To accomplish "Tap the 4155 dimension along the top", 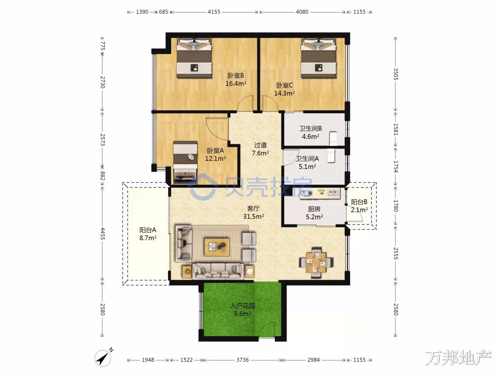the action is click(x=214, y=12).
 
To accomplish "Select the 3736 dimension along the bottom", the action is click(x=242, y=360).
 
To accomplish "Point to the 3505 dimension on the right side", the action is click(x=396, y=74).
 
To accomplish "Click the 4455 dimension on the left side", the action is click(x=103, y=233).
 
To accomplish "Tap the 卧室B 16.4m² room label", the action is click(x=236, y=80).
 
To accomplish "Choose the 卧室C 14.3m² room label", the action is click(x=284, y=89).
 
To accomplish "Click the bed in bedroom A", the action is click(x=185, y=162).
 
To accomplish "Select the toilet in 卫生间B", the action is click(x=333, y=138).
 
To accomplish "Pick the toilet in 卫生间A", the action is click(x=331, y=155).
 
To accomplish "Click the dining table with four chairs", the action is click(x=316, y=263).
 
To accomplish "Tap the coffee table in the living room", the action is click(x=217, y=247).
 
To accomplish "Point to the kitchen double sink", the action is click(x=333, y=193).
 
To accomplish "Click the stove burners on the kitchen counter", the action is click(x=306, y=194).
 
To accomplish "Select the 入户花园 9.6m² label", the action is click(x=242, y=310).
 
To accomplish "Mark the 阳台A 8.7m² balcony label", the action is click(x=148, y=234).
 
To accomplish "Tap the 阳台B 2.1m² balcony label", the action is click(x=359, y=206).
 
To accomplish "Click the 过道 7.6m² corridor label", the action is click(x=260, y=149).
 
